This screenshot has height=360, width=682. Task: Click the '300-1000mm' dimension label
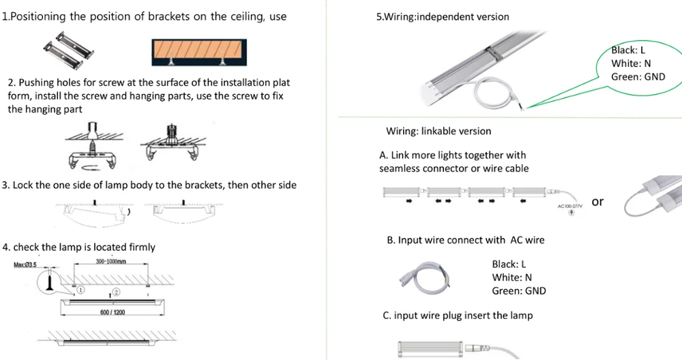pyautogui.click(x=110, y=261)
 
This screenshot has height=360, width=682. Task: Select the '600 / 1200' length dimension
pyautogui.click(x=113, y=312)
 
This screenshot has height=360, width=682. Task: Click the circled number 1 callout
pyautogui.click(x=80, y=289)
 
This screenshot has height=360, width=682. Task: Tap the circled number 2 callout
pyautogui.click(x=117, y=292)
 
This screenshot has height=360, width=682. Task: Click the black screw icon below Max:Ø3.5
pyautogui.click(x=50, y=282)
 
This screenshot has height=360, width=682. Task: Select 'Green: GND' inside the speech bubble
pyautogui.click(x=638, y=77)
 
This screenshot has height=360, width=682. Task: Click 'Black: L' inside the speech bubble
pyautogui.click(x=627, y=50)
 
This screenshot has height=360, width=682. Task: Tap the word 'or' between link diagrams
pyautogui.click(x=597, y=201)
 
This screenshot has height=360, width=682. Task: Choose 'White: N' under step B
pyautogui.click(x=512, y=277)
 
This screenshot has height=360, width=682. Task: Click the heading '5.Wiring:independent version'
pyautogui.click(x=443, y=16)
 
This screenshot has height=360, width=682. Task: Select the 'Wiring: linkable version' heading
pyautogui.click(x=439, y=131)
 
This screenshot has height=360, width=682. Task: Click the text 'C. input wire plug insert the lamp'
pyautogui.click(x=458, y=315)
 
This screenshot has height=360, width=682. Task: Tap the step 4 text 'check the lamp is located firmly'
pyautogui.click(x=79, y=247)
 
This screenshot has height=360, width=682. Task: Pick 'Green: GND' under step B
pyautogui.click(x=518, y=291)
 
